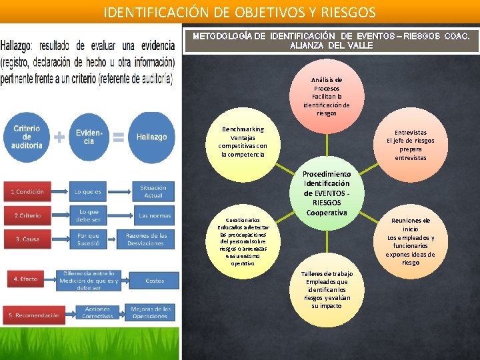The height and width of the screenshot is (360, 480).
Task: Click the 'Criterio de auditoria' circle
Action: (x=27, y=137)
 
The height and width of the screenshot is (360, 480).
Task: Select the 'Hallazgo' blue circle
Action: (x=151, y=137)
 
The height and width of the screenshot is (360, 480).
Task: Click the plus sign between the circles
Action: (x=59, y=137)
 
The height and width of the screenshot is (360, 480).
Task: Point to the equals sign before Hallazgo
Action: (x=119, y=137)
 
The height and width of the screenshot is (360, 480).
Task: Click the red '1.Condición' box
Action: (x=27, y=192)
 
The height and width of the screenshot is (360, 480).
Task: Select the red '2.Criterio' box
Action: (x=27, y=216)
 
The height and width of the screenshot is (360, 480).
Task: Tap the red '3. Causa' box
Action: (x=27, y=239)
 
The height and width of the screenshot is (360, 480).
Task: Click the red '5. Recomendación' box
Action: (x=34, y=315)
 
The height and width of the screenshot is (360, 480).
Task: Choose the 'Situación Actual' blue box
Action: (x=153, y=192)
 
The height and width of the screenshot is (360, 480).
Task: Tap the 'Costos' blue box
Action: (x=155, y=281)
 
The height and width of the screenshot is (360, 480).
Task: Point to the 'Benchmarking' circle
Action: (x=243, y=142)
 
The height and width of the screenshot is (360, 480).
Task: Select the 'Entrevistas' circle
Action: (x=410, y=145)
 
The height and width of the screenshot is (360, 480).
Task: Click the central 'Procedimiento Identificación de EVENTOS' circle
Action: (x=327, y=193)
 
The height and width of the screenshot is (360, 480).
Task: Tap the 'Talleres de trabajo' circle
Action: (x=326, y=290)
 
